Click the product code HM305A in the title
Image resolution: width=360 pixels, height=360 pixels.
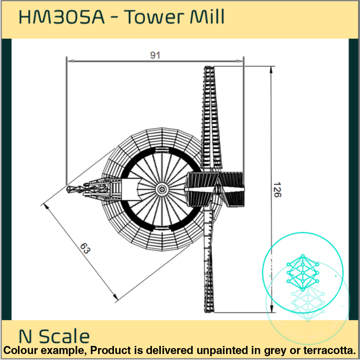tap(61, 17)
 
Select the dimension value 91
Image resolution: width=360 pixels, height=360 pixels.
tap(155, 55)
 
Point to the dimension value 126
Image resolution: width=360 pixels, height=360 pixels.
tap(277, 189)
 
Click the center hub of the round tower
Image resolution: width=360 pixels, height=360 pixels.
tap(161, 189)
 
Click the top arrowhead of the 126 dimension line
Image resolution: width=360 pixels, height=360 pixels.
tap(271, 69)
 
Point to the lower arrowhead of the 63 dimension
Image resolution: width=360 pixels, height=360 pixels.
tap(115, 298)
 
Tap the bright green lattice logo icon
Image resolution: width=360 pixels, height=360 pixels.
tap(302, 271)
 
